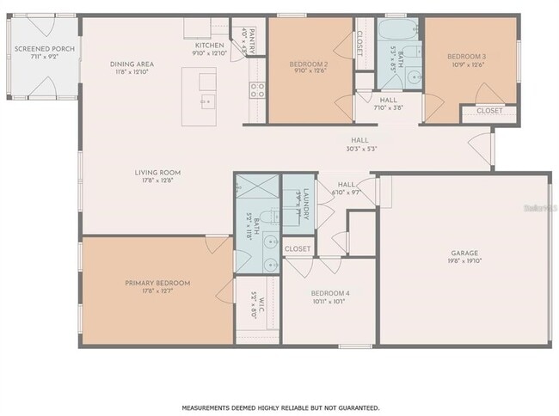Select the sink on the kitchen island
pyautogui.click(x=207, y=101)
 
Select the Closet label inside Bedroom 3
pyautogui.click(x=489, y=111)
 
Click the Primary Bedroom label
pyautogui.click(x=157, y=283)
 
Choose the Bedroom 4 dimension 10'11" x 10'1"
pyautogui.click(x=329, y=302)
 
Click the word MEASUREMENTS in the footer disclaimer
pyautogui.click(x=211, y=407)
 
